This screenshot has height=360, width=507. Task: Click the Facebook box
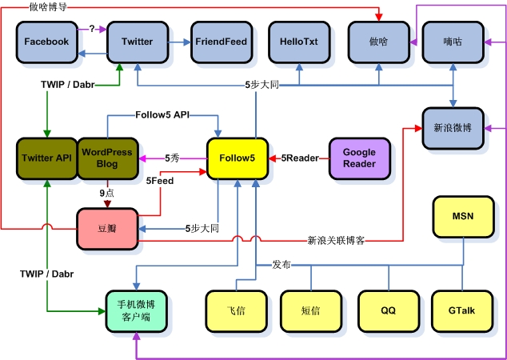pos(46,42)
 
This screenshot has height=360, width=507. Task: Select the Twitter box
pos(137,42)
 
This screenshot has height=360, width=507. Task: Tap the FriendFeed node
pos(220,42)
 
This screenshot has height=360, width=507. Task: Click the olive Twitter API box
pos(46,158)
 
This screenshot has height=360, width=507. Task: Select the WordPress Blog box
pos(107,158)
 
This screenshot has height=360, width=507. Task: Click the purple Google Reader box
pos(359,158)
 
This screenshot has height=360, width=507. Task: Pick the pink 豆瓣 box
pos(107,228)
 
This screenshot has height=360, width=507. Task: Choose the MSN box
pos(463,217)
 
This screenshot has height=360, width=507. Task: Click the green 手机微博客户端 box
pos(137,310)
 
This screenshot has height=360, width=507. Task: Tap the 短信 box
pos(311,310)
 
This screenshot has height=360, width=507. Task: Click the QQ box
pos(389,310)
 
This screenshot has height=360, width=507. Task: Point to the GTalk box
pos(463,310)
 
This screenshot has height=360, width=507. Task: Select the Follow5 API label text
pos(162,115)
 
